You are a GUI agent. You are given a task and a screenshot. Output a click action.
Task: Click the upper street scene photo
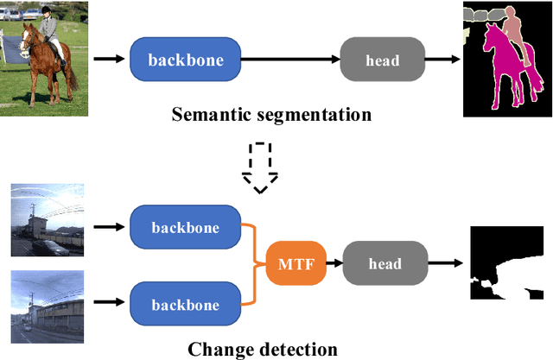[x=48, y=221]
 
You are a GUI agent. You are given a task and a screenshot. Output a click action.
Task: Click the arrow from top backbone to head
[x=289, y=60]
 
